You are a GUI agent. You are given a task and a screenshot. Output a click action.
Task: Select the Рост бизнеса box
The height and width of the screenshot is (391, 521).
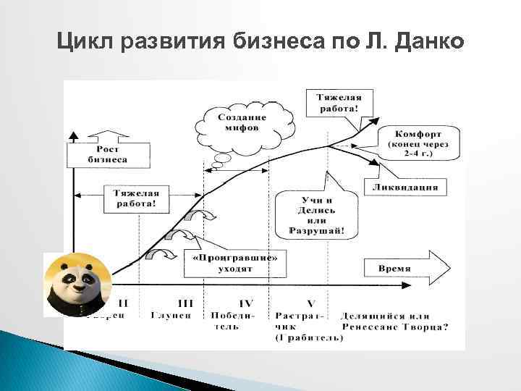click(108, 154)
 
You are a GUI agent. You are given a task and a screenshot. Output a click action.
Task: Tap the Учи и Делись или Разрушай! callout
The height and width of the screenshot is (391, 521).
click(316, 215)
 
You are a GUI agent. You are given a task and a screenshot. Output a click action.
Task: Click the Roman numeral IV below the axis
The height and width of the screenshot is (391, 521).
click(245, 303)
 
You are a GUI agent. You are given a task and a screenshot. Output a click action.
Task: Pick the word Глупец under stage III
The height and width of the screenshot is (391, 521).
click(171, 315)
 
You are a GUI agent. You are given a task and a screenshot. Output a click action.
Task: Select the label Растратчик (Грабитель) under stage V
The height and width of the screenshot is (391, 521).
click(306, 327)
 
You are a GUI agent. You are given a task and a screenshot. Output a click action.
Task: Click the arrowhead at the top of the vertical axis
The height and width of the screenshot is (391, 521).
click(73, 135)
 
